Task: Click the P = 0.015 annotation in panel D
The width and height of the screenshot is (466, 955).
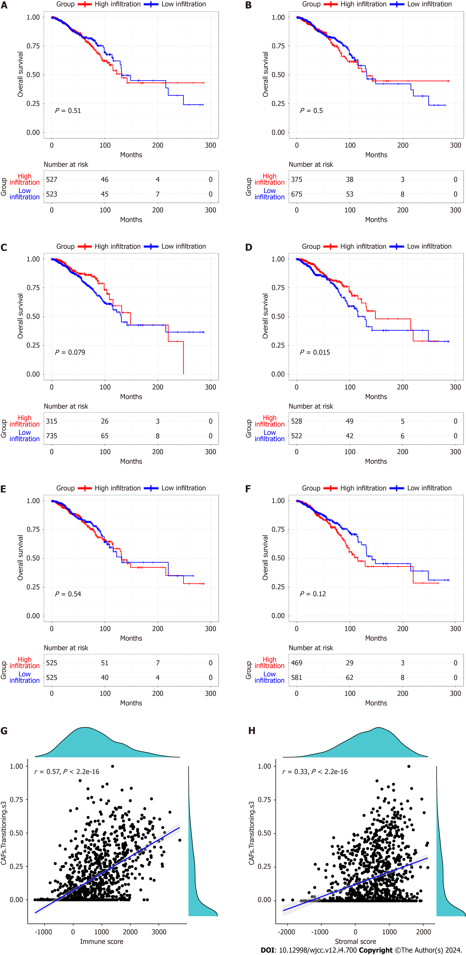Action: [315, 352]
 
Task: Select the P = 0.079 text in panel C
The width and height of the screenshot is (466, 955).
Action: [70, 352]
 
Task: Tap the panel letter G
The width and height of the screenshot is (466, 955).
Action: [4, 731]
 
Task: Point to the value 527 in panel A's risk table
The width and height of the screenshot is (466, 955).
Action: [52, 179]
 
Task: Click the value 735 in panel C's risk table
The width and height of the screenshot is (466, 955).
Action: [52, 436]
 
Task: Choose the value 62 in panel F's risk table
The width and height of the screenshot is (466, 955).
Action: [349, 678]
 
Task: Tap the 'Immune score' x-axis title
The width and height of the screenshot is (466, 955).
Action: [102, 941]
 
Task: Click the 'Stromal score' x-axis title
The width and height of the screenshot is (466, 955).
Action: [355, 941]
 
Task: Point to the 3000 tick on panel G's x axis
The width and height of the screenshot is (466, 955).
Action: [159, 932]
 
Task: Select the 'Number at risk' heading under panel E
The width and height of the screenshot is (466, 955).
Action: [66, 648]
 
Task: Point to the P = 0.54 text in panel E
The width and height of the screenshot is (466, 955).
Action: [68, 594]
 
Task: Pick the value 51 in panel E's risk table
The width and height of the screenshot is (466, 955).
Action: [105, 663]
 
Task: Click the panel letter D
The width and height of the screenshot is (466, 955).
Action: [249, 247]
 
